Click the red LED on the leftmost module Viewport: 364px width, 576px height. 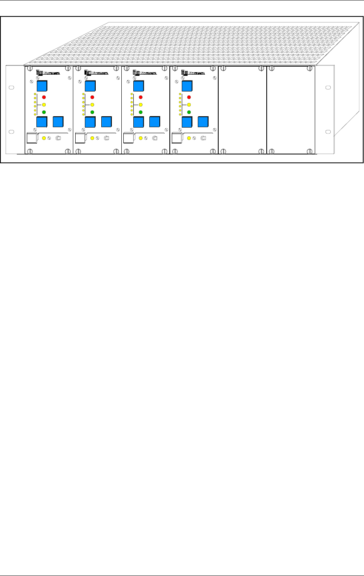[44, 97]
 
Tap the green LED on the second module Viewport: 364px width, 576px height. [92, 112]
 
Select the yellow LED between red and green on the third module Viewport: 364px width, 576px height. [140, 105]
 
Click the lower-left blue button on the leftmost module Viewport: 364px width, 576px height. [42, 122]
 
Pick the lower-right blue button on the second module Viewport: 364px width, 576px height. [107, 122]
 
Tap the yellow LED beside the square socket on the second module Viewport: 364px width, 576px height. [92, 138]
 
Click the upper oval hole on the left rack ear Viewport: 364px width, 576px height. [11, 87]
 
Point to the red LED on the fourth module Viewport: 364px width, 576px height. [189, 97]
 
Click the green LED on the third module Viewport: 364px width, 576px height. [140, 112]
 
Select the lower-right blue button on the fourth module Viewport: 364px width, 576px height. [203, 122]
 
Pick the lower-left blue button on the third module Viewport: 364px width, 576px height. [139, 122]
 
